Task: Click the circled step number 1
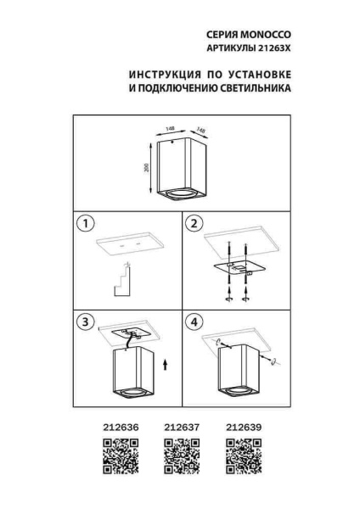click(83, 225)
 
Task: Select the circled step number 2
click(194, 225)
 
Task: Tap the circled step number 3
click(83, 323)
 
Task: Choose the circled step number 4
click(194, 323)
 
